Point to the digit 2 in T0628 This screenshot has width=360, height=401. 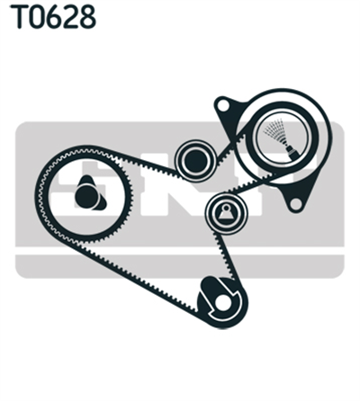pos(72,17)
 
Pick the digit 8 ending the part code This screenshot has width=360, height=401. pos(88,17)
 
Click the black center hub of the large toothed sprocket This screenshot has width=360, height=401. pos(86,196)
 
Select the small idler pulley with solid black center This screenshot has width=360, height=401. pos(196,161)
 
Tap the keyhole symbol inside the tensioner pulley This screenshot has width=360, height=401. pos(226,212)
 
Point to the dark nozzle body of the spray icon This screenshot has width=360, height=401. pos(292,152)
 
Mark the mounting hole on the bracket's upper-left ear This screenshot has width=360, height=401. pos(222,105)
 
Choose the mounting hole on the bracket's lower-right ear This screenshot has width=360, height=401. pos(295,204)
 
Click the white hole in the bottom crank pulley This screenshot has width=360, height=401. pos(222,303)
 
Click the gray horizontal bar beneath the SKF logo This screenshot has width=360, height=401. pos(179,266)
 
